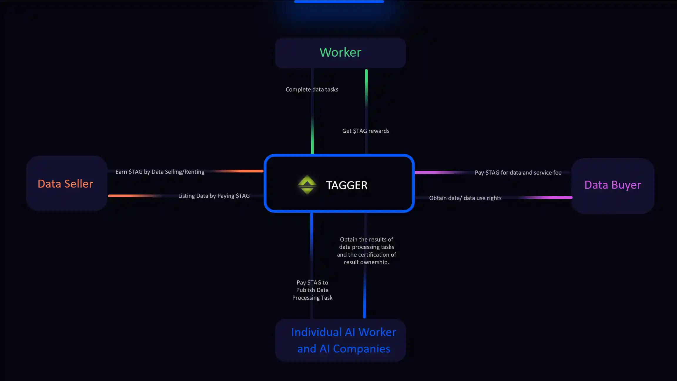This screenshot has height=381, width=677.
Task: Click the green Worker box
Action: click(x=340, y=53)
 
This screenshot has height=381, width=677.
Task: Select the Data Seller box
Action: click(x=66, y=184)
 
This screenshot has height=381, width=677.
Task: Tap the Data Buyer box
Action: click(x=613, y=185)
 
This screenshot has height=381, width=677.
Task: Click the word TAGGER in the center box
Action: click(x=347, y=186)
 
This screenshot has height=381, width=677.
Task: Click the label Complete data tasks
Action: click(x=312, y=90)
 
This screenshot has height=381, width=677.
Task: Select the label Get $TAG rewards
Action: click(x=366, y=131)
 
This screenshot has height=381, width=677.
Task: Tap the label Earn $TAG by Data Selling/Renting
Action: click(x=160, y=172)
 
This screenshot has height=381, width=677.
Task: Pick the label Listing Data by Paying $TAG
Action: click(x=214, y=196)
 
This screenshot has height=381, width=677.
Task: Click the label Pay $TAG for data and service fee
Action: click(x=518, y=173)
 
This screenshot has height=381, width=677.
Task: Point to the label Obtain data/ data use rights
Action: click(x=465, y=198)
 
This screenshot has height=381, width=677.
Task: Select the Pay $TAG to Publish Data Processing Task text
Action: click(x=312, y=290)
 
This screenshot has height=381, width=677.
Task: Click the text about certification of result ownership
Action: click(x=366, y=251)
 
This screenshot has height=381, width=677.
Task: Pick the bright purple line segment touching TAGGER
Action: click(x=435, y=172)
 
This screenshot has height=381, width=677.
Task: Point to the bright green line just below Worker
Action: click(x=366, y=85)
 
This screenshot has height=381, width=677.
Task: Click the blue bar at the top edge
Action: click(x=339, y=2)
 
